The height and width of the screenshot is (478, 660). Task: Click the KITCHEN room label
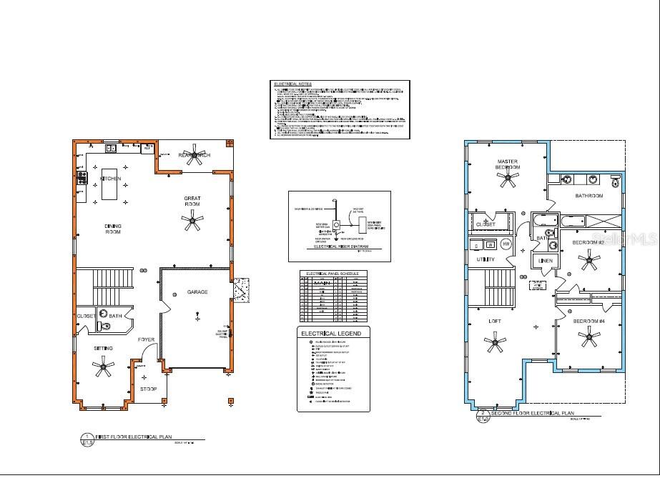coord(111,179)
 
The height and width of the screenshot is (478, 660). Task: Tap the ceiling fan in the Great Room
coord(192,224)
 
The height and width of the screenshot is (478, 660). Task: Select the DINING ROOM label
coord(113,229)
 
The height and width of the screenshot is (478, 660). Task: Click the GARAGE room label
coord(197,292)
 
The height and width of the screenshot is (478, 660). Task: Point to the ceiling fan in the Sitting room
coord(104,369)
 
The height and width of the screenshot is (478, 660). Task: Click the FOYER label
coord(146,339)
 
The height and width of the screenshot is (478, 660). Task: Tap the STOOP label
coord(149,389)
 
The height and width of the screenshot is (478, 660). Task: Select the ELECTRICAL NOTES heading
coord(293,84)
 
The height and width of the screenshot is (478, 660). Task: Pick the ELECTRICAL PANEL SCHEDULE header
coord(333,274)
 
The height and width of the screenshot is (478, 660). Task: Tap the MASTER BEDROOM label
coord(507,164)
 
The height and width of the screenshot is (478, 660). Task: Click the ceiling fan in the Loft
coord(494,344)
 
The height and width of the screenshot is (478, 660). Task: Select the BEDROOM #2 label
coord(588,243)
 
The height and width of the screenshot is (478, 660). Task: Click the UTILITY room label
coord(486,259)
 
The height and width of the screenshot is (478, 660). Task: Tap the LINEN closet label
coord(546,261)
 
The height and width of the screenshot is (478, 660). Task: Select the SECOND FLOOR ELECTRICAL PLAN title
coord(533,414)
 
